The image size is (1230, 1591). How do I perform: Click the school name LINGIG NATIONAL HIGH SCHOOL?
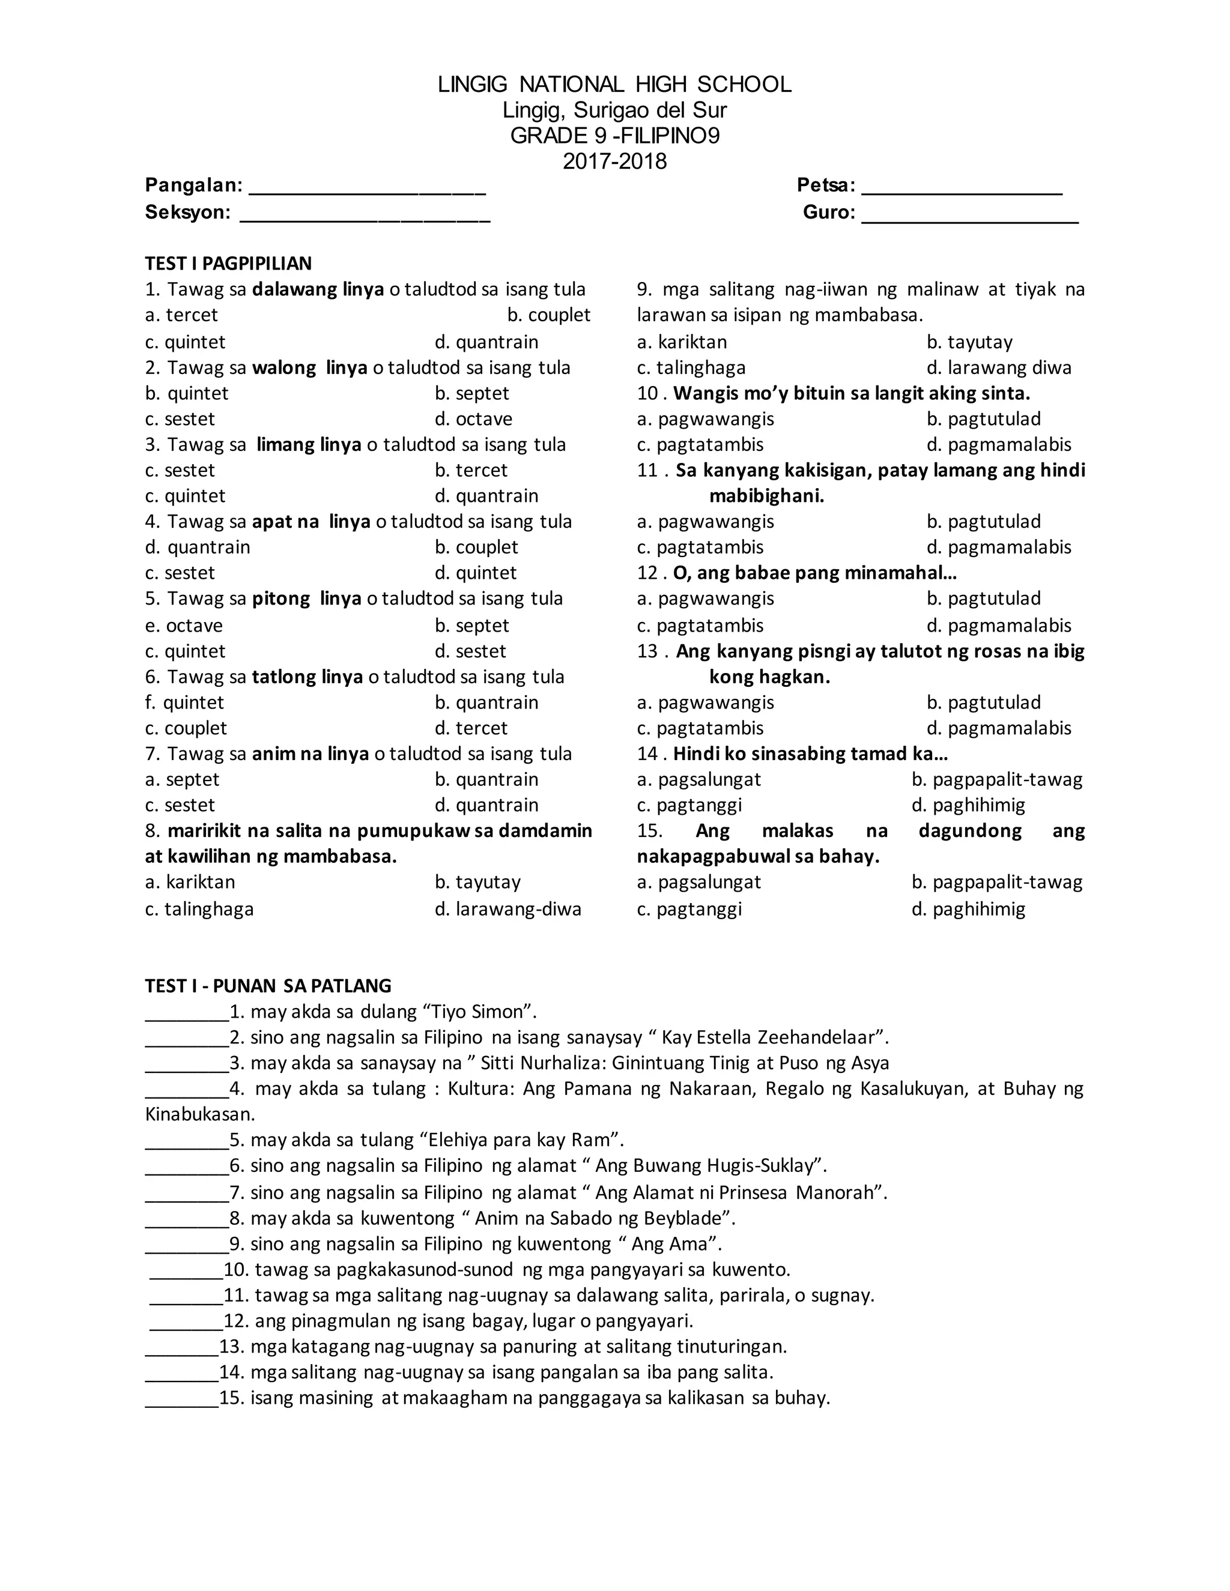point(614,85)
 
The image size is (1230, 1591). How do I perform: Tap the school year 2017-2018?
point(614,161)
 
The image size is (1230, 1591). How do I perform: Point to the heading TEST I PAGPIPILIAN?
point(228,263)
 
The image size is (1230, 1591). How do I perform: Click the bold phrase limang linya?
point(309,444)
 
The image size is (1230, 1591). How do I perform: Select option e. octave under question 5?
point(183,625)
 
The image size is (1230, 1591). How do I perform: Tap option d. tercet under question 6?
point(471,728)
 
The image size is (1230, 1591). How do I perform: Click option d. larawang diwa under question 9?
point(998,367)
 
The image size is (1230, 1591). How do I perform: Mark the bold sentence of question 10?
point(851,393)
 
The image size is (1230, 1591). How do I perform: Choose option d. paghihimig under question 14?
point(968,805)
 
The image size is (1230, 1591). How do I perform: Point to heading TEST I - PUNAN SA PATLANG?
point(268,986)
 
